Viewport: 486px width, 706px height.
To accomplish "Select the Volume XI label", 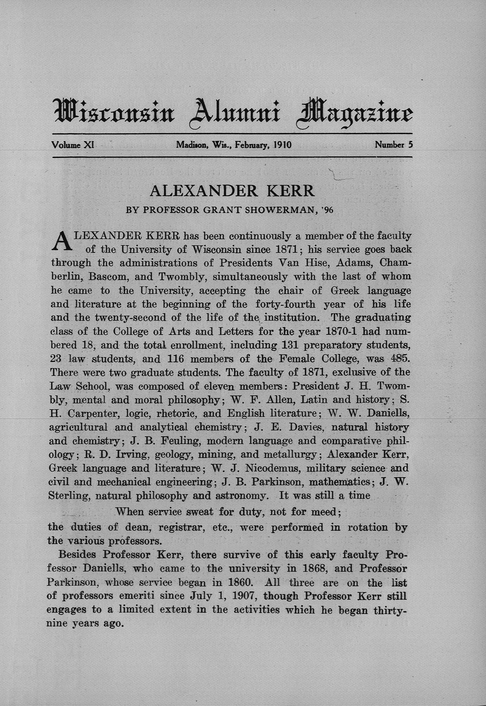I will coord(72,145).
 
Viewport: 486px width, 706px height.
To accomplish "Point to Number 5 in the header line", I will coord(394,145).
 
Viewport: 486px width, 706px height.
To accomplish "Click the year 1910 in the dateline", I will coord(283,145).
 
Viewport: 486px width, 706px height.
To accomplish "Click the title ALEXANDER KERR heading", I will coord(232,191).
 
